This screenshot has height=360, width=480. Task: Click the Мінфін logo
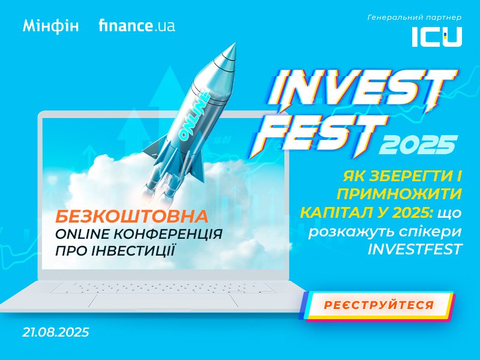[50, 26]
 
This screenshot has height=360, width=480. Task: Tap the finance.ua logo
[137, 25]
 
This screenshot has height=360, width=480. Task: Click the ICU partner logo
[437, 37]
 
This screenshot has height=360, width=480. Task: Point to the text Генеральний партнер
[414, 18]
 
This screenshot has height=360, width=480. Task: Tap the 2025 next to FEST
[418, 145]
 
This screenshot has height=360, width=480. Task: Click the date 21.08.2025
[55, 332]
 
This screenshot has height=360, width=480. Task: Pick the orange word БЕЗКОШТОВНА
[131, 217]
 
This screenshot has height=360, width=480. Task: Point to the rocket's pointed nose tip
[235, 44]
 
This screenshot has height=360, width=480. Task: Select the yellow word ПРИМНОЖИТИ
[399, 194]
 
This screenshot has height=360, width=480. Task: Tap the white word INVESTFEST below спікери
[415, 249]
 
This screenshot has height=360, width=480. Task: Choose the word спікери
[430, 232]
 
